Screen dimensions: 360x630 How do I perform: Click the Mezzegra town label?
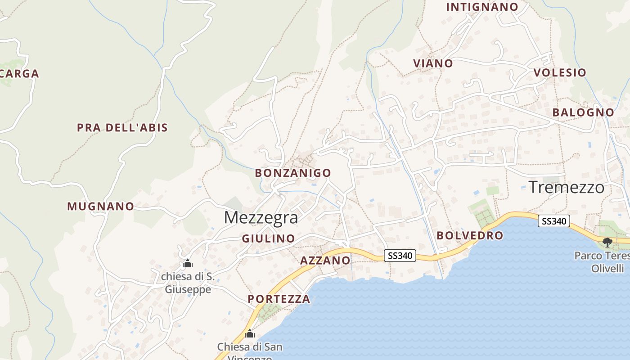coord(261,218)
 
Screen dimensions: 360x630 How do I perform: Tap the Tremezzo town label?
coord(566,187)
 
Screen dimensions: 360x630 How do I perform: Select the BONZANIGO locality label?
coord(292,173)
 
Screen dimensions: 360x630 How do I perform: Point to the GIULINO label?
coord(268,238)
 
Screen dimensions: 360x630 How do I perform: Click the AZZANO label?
coord(325,260)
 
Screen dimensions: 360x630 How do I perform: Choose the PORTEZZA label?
coord(279,299)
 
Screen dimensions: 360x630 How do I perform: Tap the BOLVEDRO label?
coord(470,235)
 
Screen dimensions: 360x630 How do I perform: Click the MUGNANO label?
coord(100,207)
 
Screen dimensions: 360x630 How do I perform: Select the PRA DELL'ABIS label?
coord(122,128)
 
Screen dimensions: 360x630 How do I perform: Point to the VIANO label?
coord(433,63)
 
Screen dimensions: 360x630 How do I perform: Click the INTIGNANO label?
coord(482,7)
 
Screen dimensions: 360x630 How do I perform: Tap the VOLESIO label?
coord(560,72)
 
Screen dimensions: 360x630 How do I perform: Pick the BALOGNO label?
coord(583,112)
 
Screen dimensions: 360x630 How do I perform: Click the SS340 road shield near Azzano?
coord(400,256)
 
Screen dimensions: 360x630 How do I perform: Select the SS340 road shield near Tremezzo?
coord(554,221)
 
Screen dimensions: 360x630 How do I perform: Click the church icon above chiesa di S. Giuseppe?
coord(187,263)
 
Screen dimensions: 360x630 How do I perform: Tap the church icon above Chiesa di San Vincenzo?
coord(250,334)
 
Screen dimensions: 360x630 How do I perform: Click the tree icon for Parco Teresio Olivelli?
coord(607,243)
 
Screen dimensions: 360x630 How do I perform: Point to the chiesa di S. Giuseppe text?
coord(188,283)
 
